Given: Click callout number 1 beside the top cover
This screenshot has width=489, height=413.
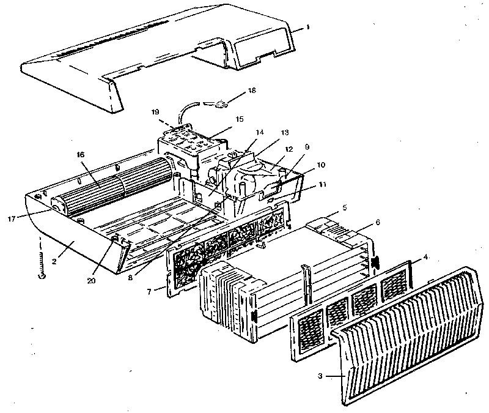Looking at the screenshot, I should [x=308, y=27].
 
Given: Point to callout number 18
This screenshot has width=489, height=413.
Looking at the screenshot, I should [x=251, y=91].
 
